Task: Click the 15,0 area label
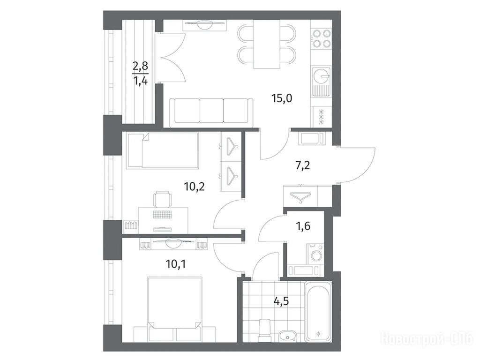click(x=282, y=98)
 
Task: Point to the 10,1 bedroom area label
click(x=176, y=263)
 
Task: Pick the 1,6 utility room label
click(x=303, y=226)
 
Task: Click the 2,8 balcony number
click(x=140, y=66)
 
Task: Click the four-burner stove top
click(x=322, y=38)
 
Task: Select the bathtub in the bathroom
click(x=319, y=311)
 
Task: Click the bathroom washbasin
click(x=287, y=336)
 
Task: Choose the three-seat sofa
click(x=211, y=111)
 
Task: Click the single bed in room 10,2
click(x=163, y=150)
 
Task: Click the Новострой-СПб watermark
click(x=427, y=339)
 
